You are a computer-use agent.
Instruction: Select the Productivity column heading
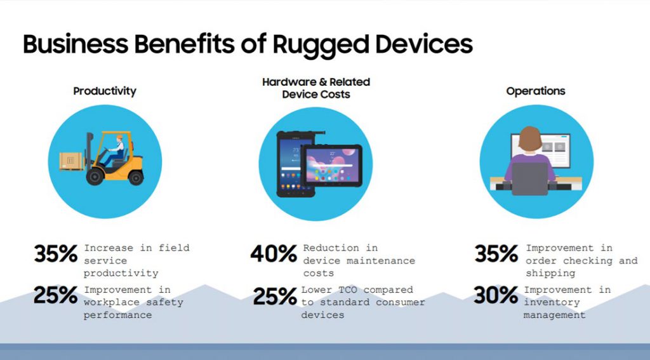tap(105, 91)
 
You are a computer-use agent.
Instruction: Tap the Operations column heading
tap(535, 91)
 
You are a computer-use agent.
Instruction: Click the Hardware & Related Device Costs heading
tap(315, 88)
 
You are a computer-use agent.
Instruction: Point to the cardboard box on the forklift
tap(71, 162)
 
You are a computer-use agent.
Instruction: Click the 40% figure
tap(274, 254)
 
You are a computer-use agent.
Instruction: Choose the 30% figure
tap(496, 295)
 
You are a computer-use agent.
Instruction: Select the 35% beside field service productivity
tap(56, 254)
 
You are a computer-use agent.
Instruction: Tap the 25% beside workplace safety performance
tap(56, 295)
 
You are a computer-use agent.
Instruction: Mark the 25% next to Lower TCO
tap(275, 296)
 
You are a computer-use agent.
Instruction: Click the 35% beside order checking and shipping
tap(496, 254)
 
